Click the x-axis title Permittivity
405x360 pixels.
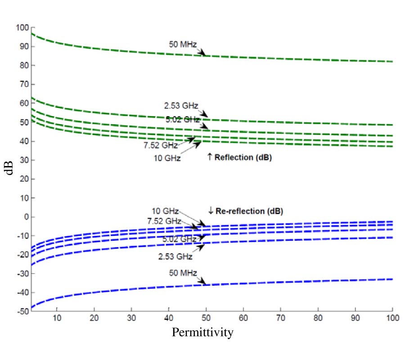click(x=202, y=333)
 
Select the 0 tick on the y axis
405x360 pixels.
click(x=26, y=217)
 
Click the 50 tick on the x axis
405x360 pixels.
click(x=206, y=318)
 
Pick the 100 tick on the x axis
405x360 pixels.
click(x=392, y=318)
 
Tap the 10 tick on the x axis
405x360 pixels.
click(x=57, y=318)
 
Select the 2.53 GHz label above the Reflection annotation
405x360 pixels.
click(x=180, y=107)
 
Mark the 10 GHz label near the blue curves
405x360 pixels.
click(x=165, y=211)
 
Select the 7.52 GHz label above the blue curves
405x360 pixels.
click(x=164, y=221)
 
